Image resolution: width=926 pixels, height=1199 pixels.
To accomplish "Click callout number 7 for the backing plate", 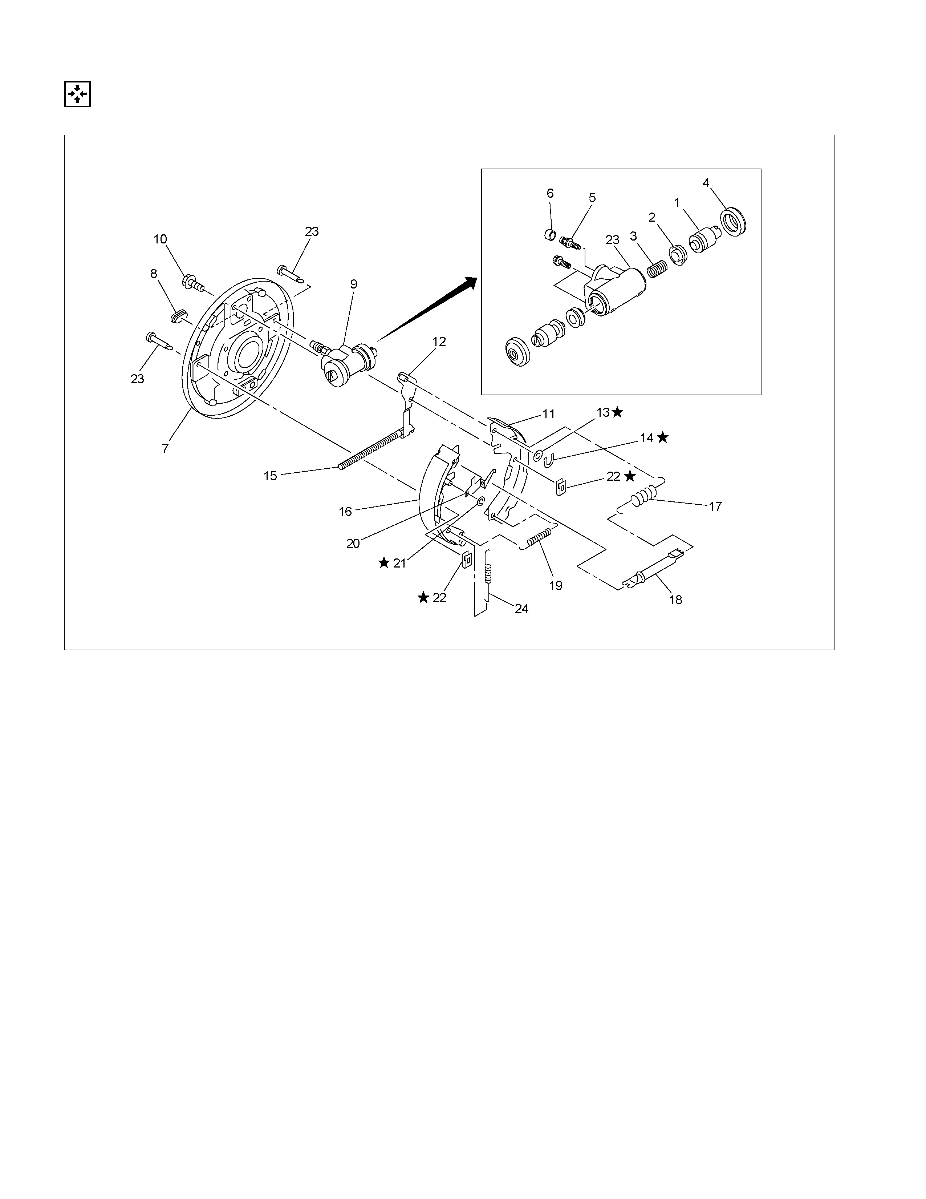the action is tap(165, 448).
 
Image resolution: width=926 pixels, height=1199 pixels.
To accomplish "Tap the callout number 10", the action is tap(160, 239).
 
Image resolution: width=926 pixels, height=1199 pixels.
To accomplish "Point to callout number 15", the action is tap(271, 476).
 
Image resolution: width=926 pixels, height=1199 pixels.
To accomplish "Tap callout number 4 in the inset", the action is tap(706, 183).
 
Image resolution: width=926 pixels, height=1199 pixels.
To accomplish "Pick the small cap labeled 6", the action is tap(550, 235).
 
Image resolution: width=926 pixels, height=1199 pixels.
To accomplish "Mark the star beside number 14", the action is tap(663, 437).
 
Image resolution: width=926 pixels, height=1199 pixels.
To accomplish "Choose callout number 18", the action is tap(676, 600).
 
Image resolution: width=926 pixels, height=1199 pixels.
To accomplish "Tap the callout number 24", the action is tap(522, 609).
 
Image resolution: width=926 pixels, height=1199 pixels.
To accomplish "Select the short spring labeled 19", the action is tap(538, 537).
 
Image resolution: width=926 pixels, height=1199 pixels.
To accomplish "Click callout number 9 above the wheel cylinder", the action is tap(354, 284).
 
